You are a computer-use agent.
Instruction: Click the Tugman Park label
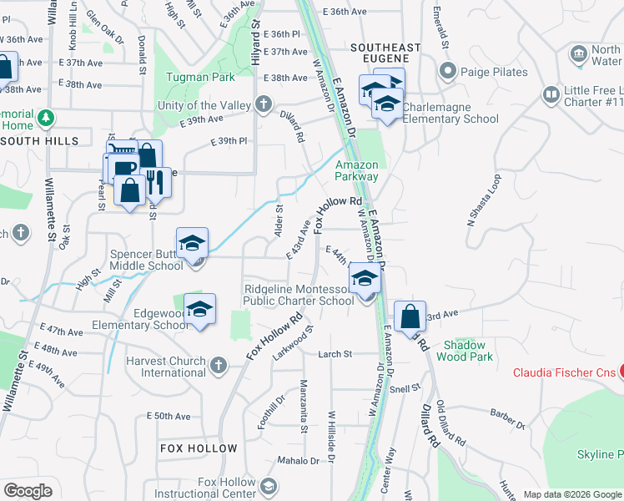tap(200, 77)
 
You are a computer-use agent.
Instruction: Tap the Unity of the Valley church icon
tap(264, 104)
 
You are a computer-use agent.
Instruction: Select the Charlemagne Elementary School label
tap(450, 113)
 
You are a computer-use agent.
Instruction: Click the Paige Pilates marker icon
tap(449, 71)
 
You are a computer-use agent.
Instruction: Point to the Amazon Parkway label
tap(357, 170)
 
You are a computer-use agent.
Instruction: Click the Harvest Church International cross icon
tap(219, 364)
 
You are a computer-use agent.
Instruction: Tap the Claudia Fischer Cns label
tap(568, 372)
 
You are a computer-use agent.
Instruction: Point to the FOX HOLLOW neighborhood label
tap(199, 448)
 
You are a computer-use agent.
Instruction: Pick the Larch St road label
tap(335, 354)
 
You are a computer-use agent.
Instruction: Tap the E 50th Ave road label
tap(169, 416)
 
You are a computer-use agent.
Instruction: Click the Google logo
tap(28, 491)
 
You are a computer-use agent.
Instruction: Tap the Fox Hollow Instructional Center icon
tap(269, 485)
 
